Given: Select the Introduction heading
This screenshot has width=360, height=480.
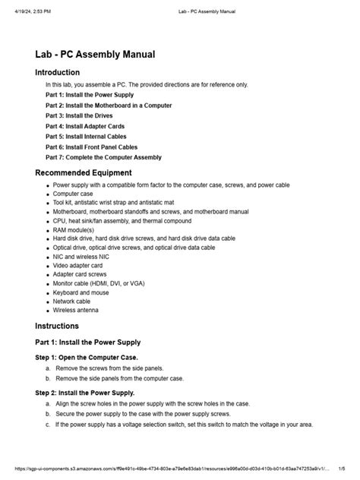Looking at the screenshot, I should pyautogui.click(x=63, y=72).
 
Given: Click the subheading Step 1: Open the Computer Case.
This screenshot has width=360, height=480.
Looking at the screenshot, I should pyautogui.click(x=87, y=356).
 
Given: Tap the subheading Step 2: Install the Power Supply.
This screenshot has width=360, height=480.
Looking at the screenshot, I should pyautogui.click(x=85, y=393).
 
